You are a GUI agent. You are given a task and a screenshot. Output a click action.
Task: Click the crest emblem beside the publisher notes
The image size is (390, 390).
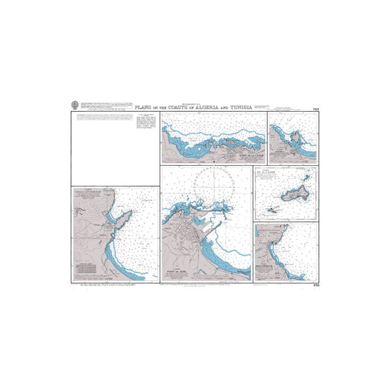75,104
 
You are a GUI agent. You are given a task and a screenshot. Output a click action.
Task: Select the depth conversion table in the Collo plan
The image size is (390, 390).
85,268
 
